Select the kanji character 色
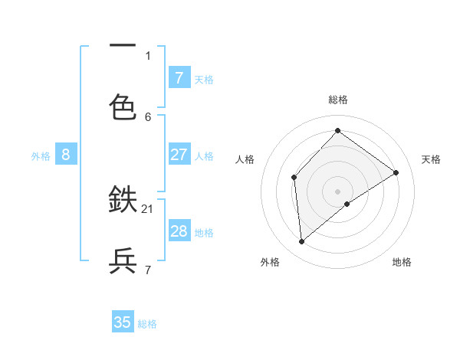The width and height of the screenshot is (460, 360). (x=123, y=107)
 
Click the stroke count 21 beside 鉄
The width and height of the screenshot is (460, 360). (x=148, y=208)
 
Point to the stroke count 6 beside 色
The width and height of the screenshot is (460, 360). (x=148, y=116)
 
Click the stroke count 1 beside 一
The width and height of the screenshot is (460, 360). (x=148, y=55)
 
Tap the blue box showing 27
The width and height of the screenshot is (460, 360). (x=179, y=155)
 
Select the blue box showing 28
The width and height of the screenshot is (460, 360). (x=179, y=231)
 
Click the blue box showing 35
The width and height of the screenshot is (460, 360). (x=123, y=322)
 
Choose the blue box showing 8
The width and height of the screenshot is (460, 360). (x=66, y=155)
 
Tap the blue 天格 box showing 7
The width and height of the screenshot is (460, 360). (x=179, y=77)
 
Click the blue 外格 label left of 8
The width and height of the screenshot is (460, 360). (x=41, y=156)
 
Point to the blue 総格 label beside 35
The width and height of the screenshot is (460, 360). (x=147, y=324)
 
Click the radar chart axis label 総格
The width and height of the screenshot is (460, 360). (x=337, y=100)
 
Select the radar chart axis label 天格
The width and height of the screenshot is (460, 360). (x=431, y=159)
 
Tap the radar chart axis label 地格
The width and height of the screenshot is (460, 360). (x=402, y=262)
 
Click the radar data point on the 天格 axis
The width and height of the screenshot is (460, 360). (x=396, y=172)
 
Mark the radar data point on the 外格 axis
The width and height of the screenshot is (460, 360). (x=302, y=242)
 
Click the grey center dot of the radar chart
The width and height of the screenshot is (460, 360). (x=337, y=191)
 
